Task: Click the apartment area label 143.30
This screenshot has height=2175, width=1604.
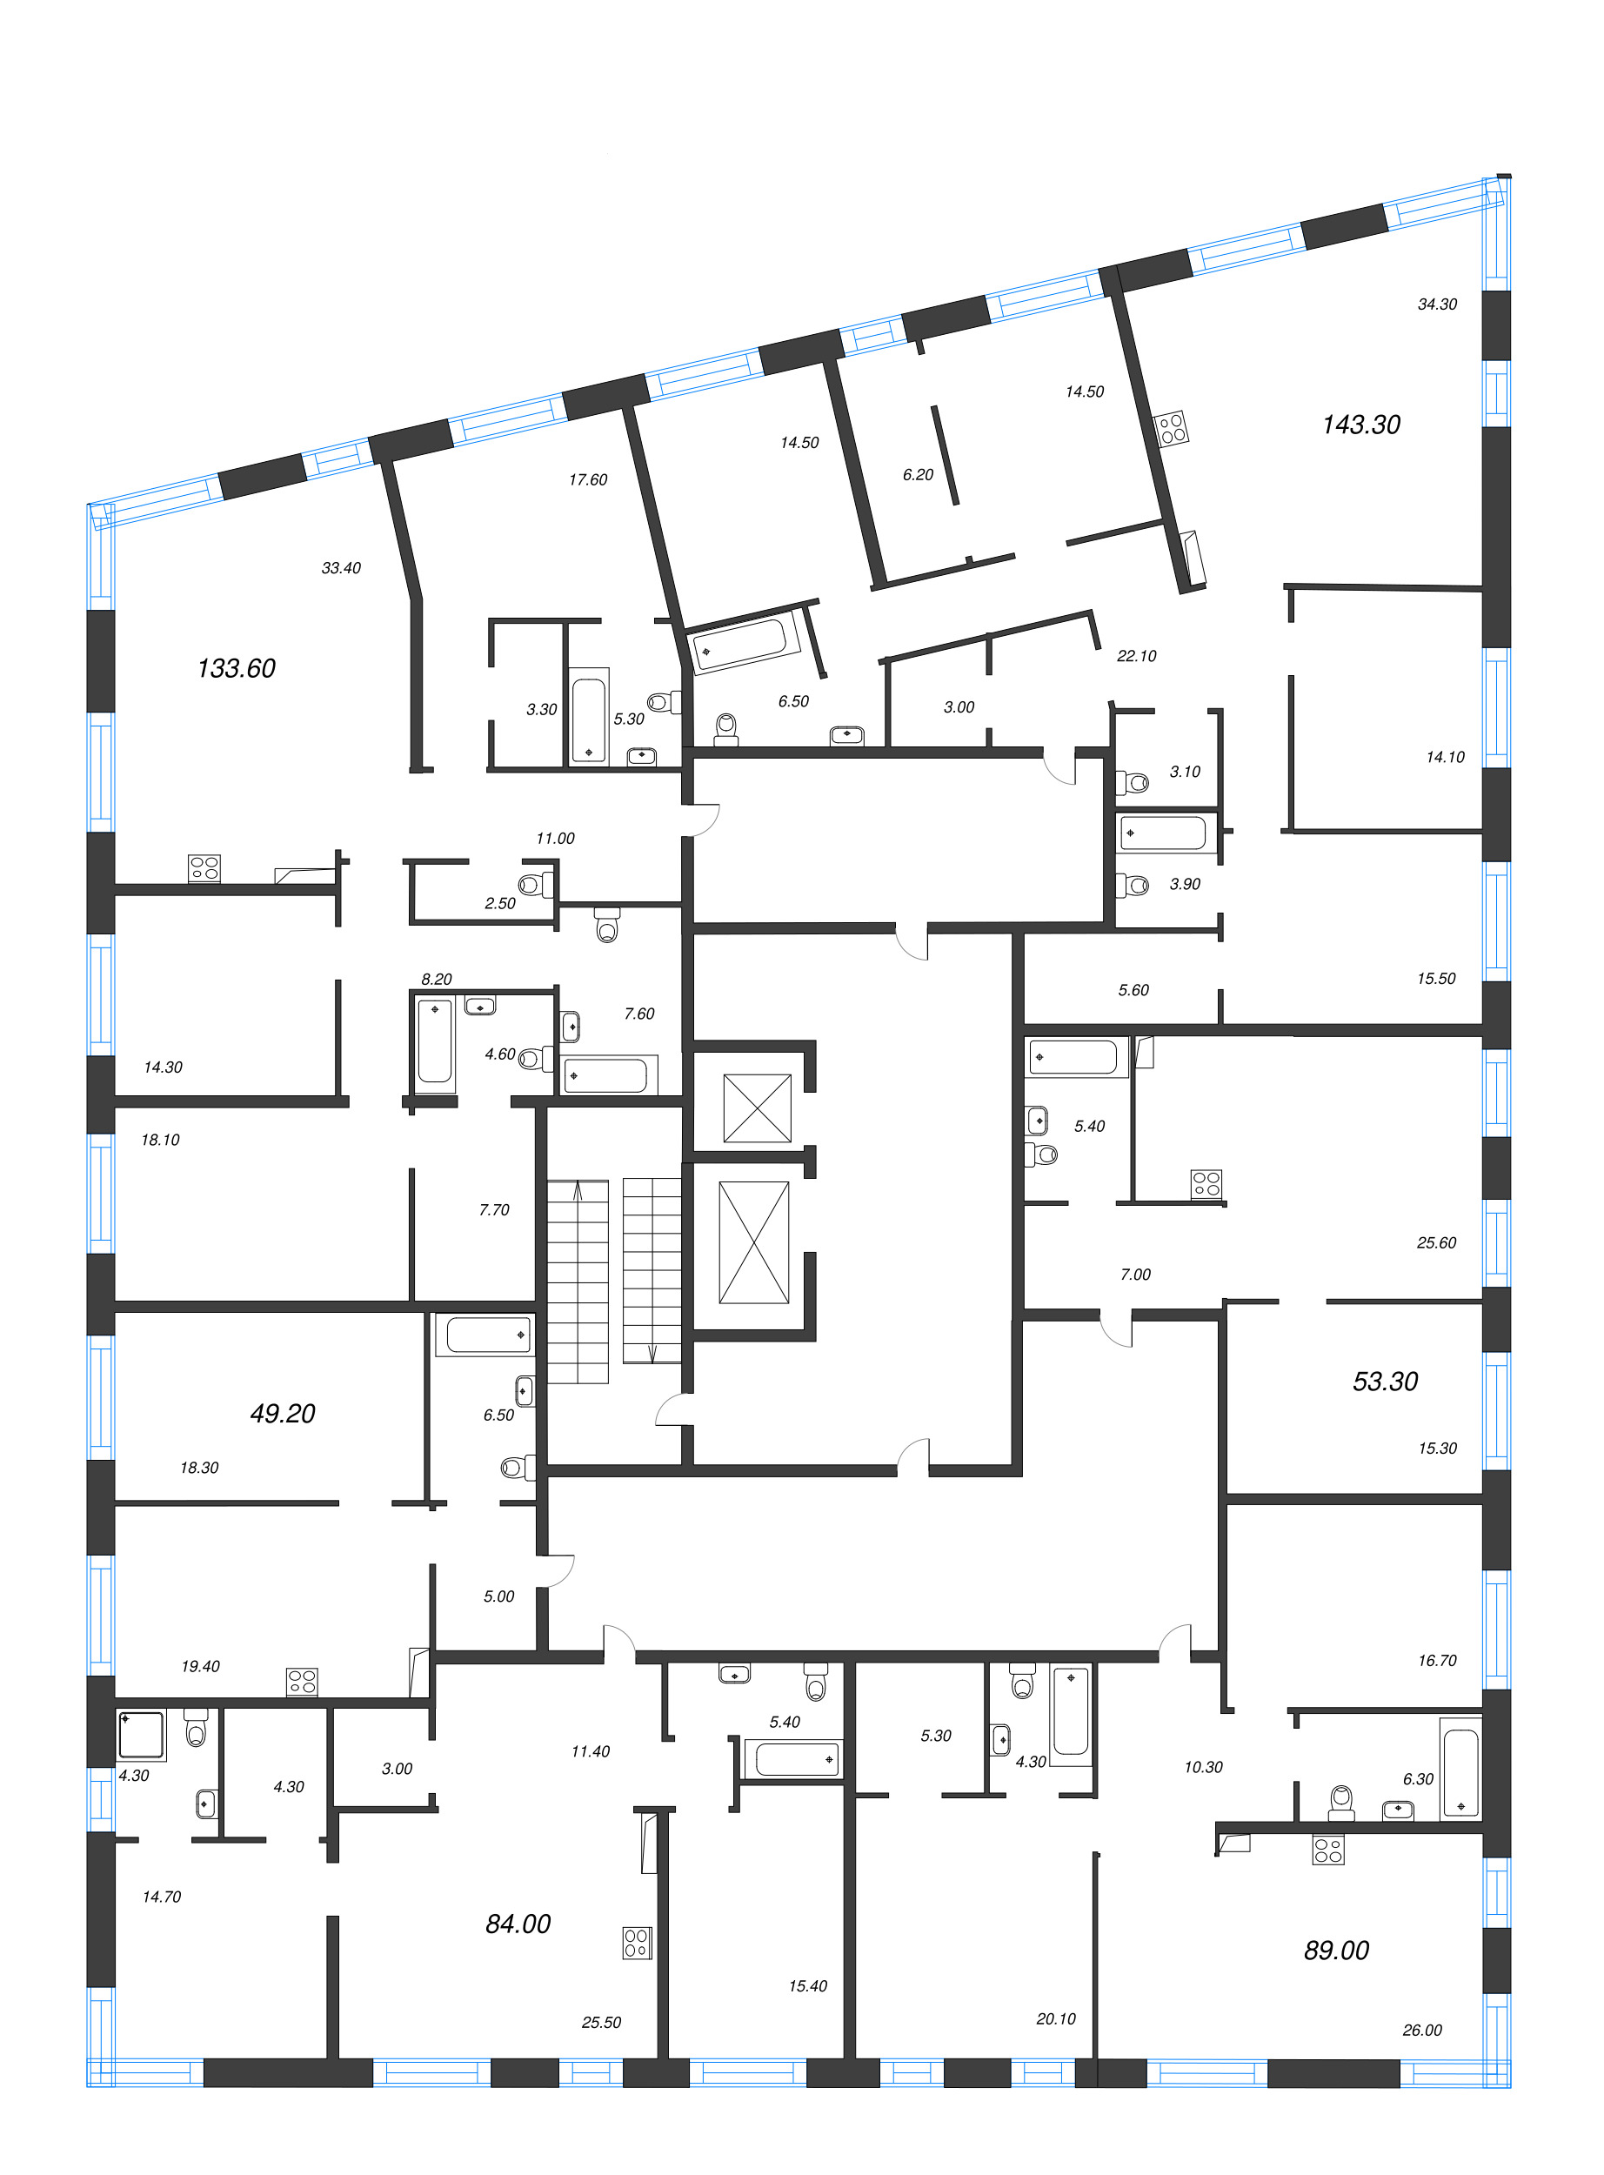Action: click(x=1360, y=425)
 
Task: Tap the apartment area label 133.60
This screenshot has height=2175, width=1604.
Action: click(x=236, y=668)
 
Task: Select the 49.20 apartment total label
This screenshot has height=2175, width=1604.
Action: click(x=283, y=1413)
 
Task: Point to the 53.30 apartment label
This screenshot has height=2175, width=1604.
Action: click(x=1385, y=1381)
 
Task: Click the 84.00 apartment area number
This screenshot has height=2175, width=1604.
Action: click(x=518, y=1924)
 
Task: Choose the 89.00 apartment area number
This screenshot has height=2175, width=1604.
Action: click(x=1336, y=1950)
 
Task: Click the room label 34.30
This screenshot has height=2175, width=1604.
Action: click(x=1437, y=304)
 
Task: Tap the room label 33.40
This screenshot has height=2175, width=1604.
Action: click(x=341, y=568)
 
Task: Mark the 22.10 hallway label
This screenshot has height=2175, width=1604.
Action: click(x=1136, y=655)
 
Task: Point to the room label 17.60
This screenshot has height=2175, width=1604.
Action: click(x=587, y=479)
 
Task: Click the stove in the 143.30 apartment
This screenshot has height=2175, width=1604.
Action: click(x=1172, y=428)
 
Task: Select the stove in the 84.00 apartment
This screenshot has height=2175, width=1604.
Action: click(x=637, y=1943)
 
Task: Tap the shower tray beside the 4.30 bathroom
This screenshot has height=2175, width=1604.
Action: click(x=141, y=1734)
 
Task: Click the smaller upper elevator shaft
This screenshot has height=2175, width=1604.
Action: click(x=757, y=1107)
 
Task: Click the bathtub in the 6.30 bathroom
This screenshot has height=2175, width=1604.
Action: click(x=1460, y=1772)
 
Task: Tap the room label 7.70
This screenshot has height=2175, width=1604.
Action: click(x=493, y=1210)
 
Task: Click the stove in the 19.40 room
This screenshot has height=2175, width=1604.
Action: click(x=302, y=1682)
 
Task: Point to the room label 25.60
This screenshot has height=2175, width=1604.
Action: click(x=1435, y=1243)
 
